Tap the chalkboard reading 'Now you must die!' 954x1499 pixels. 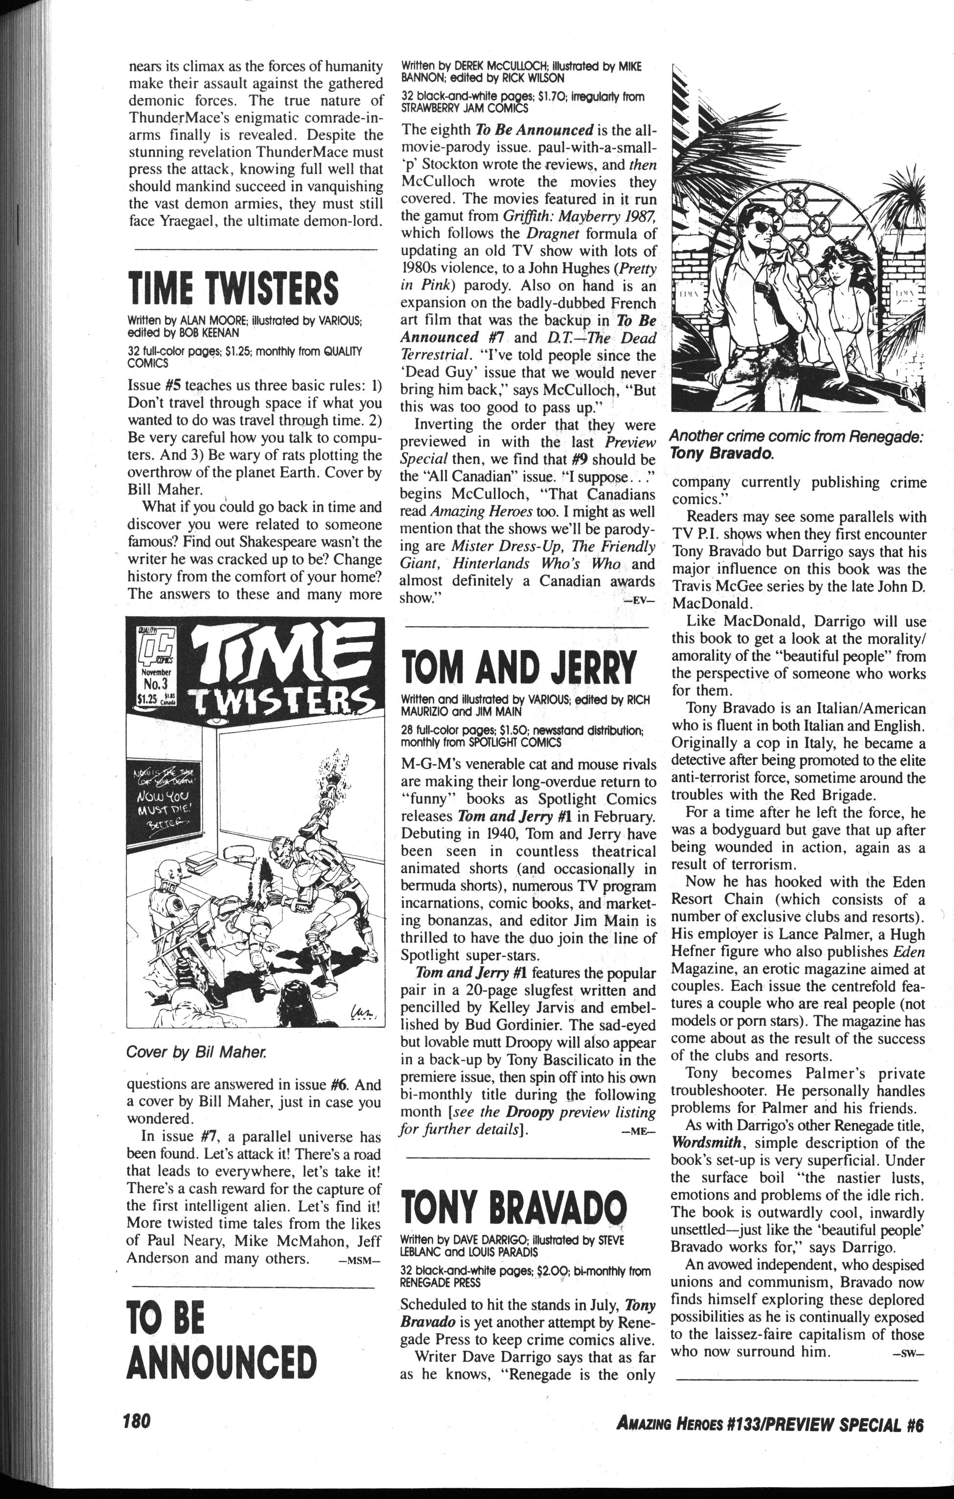click(168, 791)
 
